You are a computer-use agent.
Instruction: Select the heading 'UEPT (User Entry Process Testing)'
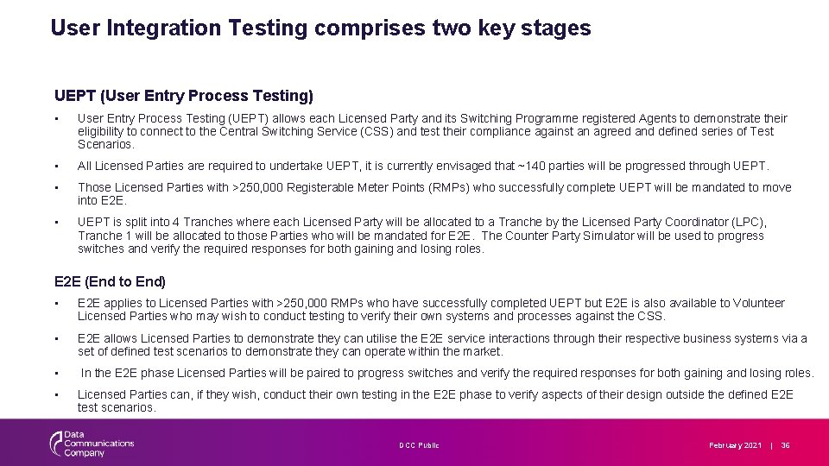(x=183, y=95)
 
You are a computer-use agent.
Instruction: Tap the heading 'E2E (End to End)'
(x=110, y=281)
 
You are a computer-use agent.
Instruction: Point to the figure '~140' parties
(x=529, y=166)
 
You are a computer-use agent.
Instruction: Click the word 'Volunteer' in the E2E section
(x=759, y=303)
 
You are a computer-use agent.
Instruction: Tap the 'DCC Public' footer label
(x=419, y=445)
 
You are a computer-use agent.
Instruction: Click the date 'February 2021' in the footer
(x=736, y=445)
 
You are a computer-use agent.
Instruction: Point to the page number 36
(x=786, y=445)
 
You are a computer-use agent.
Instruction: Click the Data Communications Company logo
(x=92, y=444)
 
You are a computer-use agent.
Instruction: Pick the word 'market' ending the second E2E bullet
(x=484, y=351)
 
